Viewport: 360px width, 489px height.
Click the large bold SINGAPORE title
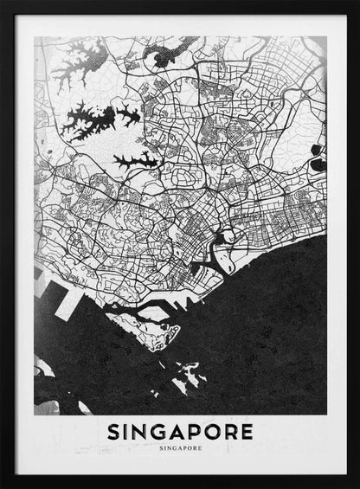point(181,430)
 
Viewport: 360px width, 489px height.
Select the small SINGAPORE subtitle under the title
point(181,448)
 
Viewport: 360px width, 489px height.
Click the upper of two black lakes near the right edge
point(318,138)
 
